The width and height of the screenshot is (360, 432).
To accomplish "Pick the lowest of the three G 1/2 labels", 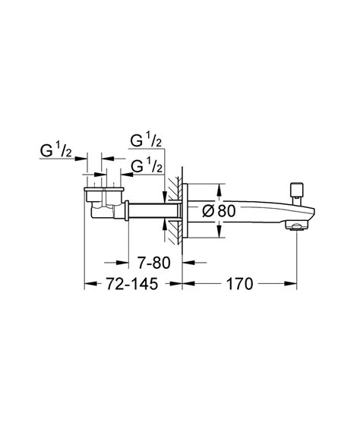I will (x=147, y=166).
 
